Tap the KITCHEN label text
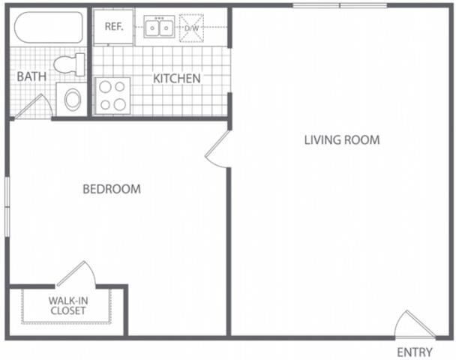177,79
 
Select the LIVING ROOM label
341,139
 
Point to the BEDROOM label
111,189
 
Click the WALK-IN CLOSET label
67,307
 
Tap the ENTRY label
414,352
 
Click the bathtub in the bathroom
49,28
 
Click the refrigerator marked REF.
113,27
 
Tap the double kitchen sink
159,28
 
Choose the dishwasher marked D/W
192,28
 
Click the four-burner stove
112,96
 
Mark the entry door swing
412,324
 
